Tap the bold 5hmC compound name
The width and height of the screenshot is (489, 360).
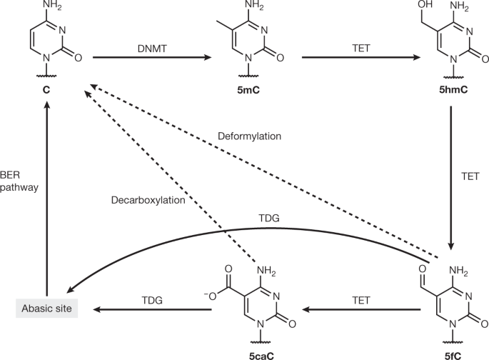pyautogui.click(x=453, y=91)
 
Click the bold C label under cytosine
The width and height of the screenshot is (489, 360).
pyautogui.click(x=46, y=91)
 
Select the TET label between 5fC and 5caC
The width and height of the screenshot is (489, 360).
pyautogui.click(x=360, y=300)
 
